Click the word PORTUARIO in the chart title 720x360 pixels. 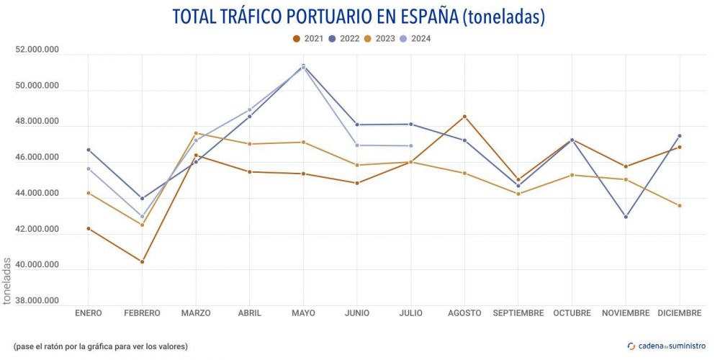(x=326, y=16)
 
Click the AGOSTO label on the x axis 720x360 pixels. (x=464, y=313)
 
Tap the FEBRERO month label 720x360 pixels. (x=142, y=313)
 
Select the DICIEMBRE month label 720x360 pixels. (x=679, y=313)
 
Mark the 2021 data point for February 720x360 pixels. (x=142, y=261)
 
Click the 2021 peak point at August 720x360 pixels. (x=464, y=117)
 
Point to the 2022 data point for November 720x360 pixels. (x=626, y=217)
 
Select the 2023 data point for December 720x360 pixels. (x=680, y=206)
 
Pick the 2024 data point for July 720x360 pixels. (x=411, y=146)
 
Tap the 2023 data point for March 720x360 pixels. (x=196, y=133)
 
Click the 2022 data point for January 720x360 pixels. (x=89, y=150)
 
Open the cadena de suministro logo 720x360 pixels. (x=667, y=346)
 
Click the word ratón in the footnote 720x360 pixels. (x=55, y=346)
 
